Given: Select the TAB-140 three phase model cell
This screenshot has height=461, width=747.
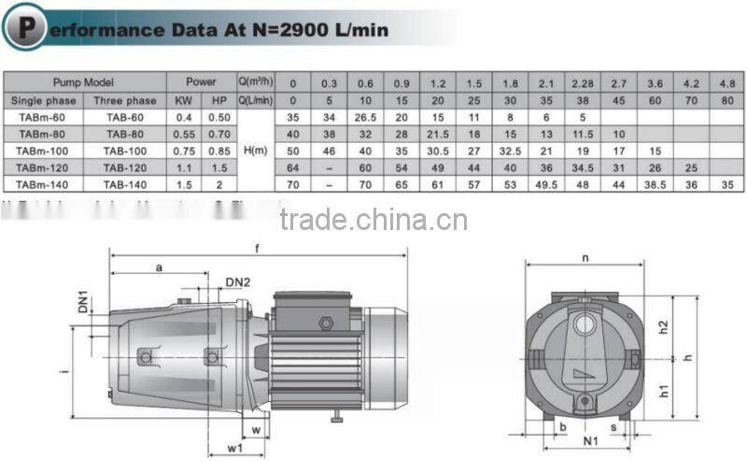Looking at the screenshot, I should [124, 185].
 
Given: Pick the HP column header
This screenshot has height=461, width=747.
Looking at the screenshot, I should [219, 100].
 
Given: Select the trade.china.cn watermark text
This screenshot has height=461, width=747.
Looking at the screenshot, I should [373, 219].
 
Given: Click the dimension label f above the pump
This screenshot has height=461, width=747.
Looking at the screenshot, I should [259, 249].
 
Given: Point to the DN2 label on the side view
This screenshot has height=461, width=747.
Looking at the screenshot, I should [238, 282].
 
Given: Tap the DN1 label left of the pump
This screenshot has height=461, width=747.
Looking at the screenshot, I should [83, 302].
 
